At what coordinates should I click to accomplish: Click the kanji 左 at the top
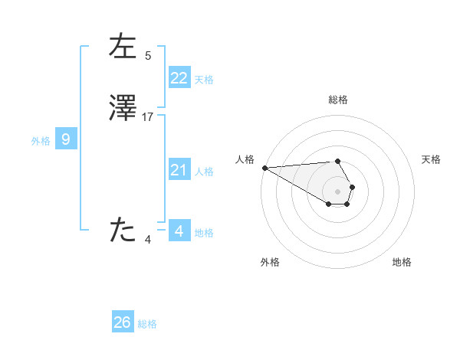[x=123, y=47]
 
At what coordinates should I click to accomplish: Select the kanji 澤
[x=123, y=110]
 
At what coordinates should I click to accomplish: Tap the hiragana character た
[x=123, y=230]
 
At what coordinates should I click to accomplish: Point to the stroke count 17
[x=148, y=117]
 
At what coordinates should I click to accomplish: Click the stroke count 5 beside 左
[x=148, y=55]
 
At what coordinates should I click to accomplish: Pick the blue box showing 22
[x=179, y=78]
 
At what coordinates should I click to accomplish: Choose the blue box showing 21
[x=179, y=170]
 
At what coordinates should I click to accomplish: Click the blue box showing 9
[x=66, y=139]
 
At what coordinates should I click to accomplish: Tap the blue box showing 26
[x=123, y=322]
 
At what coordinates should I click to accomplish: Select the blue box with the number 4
[x=179, y=230]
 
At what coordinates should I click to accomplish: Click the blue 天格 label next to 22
[x=204, y=79]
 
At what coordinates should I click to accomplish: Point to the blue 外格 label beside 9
[x=41, y=140]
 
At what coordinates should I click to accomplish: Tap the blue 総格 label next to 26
[x=147, y=324]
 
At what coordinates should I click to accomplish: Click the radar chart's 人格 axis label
[x=244, y=159]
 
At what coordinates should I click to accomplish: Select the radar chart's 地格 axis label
[x=402, y=262]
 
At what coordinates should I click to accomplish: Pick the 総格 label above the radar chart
[x=337, y=100]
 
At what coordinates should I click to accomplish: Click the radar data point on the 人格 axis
[x=264, y=168]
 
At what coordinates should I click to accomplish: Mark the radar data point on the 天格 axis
[x=352, y=187]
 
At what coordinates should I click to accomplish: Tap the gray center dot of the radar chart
[x=337, y=191]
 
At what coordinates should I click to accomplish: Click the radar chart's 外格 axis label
[x=270, y=262]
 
